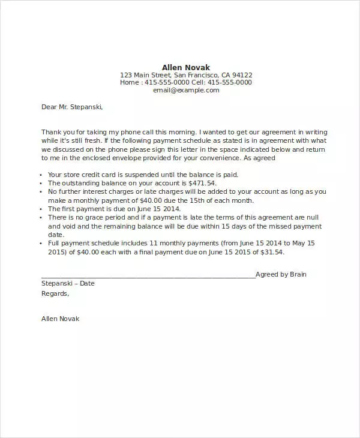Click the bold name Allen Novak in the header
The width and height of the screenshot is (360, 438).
coord(186,67)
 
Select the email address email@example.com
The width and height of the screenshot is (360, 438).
coord(186,91)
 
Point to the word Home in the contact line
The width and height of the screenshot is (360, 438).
coord(130,83)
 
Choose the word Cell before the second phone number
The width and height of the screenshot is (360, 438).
coord(199,83)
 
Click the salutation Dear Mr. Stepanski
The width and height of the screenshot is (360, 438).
coord(72,107)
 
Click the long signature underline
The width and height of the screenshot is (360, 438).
coord(148,276)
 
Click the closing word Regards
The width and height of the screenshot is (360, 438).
coord(55,293)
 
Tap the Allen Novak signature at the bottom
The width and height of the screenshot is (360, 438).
coord(60,319)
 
